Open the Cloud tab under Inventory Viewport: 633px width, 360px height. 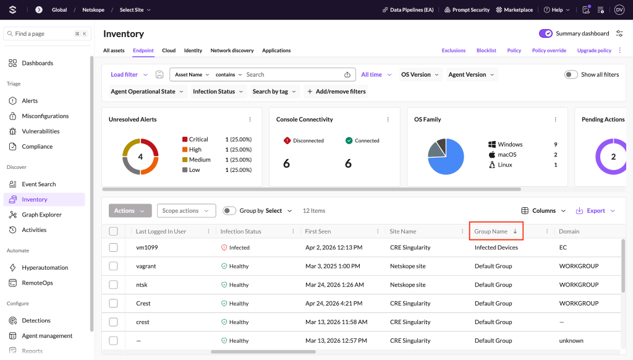tap(169, 51)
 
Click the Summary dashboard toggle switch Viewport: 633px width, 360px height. tap(545, 33)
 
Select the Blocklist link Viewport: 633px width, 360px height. tap(486, 51)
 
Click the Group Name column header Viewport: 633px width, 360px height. tap(490, 231)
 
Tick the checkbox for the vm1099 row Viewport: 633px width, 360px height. tap(114, 247)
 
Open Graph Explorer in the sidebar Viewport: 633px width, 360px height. tap(41, 215)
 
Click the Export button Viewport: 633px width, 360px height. tap(595, 211)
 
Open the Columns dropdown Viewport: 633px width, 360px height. tap(543, 211)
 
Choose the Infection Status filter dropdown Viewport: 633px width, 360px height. tap(218, 92)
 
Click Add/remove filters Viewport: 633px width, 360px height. tap(336, 92)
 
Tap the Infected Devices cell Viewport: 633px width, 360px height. tap(496, 247)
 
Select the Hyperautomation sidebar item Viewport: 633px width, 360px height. tap(45, 267)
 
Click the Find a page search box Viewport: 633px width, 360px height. tap(47, 34)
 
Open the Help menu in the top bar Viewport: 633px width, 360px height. tap(557, 10)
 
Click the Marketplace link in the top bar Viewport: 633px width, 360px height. tap(514, 10)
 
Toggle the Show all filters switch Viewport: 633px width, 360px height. tap(571, 75)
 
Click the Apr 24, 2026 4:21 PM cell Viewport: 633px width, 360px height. tap(334, 304)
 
